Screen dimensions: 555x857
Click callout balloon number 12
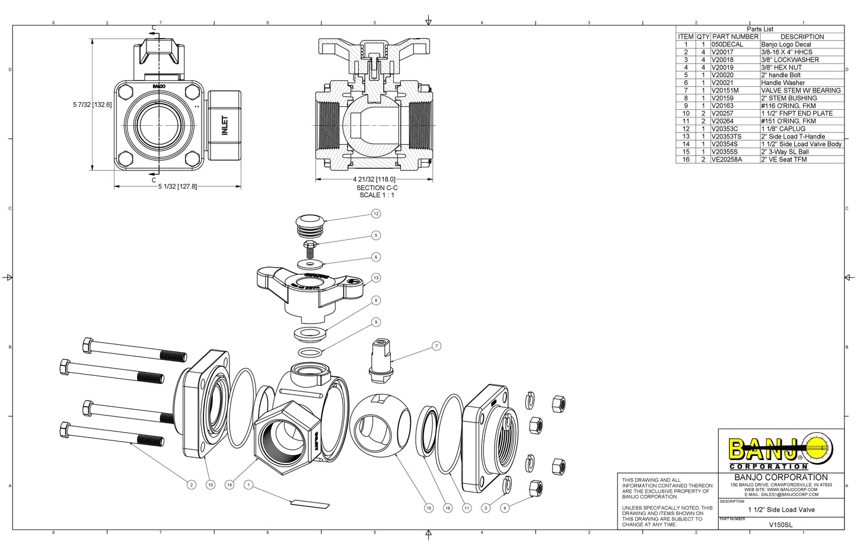[x=375, y=214]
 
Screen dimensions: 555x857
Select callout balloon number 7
[x=437, y=346]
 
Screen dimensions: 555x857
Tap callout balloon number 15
[x=428, y=508]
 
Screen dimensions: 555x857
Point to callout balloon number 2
[x=191, y=485]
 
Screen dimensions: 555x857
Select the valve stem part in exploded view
[x=381, y=360]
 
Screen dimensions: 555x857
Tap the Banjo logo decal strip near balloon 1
[x=309, y=505]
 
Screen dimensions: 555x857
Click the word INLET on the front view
[x=225, y=125]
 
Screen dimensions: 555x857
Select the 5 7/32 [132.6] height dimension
[x=92, y=104]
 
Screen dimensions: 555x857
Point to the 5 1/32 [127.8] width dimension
[x=177, y=186]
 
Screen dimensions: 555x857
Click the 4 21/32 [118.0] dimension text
[x=374, y=179]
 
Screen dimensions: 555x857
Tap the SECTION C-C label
[x=377, y=188]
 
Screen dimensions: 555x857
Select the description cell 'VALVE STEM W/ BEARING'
[x=801, y=90]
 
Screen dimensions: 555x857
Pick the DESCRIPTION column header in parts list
[x=802, y=37]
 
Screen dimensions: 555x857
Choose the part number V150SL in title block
[x=780, y=525]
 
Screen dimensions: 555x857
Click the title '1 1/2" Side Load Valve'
[x=781, y=509]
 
